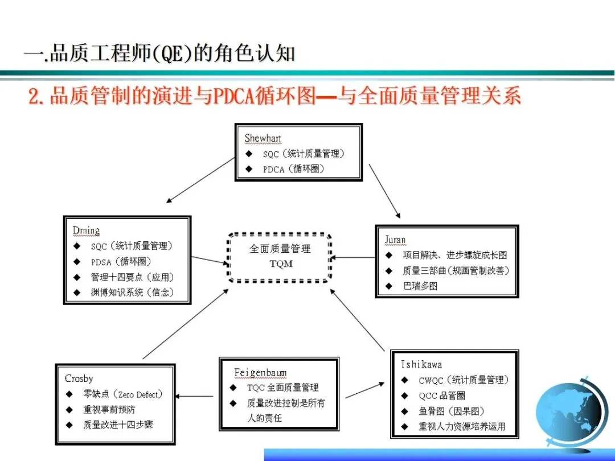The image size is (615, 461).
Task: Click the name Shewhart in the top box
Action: pyautogui.click(x=263, y=138)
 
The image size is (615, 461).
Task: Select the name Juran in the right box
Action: pyautogui.click(x=395, y=240)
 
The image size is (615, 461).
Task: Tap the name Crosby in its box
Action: pyautogui.click(x=79, y=378)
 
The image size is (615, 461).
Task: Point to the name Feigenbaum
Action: pyautogui.click(x=260, y=373)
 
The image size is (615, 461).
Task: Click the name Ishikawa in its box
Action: pyautogui.click(x=421, y=364)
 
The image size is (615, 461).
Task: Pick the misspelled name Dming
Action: pyautogui.click(x=86, y=230)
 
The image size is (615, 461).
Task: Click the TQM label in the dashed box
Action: pyautogui.click(x=281, y=264)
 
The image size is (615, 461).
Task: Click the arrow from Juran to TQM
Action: pyautogui.click(x=353, y=258)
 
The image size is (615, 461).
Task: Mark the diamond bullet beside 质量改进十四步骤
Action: pyautogui.click(x=69, y=425)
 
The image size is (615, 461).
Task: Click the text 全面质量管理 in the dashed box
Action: pyautogui.click(x=280, y=249)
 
